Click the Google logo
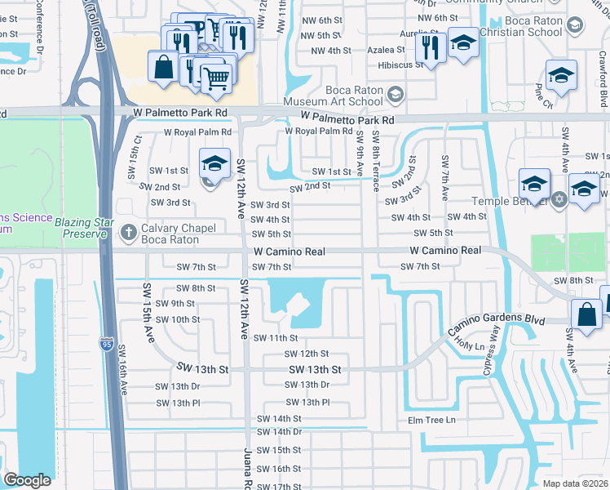(27, 480)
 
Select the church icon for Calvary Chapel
(127, 233)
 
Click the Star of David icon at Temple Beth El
(559, 199)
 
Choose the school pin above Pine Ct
(561, 75)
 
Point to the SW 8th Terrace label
(375, 160)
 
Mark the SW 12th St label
(306, 354)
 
